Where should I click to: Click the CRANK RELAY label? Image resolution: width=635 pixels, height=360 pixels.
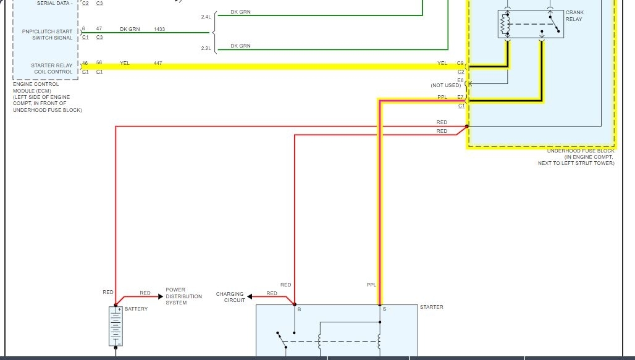pyautogui.click(x=574, y=16)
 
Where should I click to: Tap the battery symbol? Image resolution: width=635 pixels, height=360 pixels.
pyautogui.click(x=115, y=325)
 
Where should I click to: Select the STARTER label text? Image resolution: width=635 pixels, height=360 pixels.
pyautogui.click(x=431, y=307)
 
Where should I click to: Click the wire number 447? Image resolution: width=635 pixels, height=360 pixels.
pyautogui.click(x=158, y=63)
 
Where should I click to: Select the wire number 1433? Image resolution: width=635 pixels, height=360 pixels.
pyautogui.click(x=159, y=29)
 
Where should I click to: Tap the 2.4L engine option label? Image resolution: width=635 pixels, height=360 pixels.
pyautogui.click(x=206, y=17)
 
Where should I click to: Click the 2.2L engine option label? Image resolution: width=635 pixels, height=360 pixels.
pyautogui.click(x=206, y=48)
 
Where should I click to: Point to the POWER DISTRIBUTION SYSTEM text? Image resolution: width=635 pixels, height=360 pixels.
pyautogui.click(x=183, y=296)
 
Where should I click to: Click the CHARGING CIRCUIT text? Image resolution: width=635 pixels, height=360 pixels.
pyautogui.click(x=230, y=297)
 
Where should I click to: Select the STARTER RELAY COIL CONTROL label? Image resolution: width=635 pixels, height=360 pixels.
pyautogui.click(x=52, y=68)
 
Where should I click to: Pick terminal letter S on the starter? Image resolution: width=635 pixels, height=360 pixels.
pyautogui.click(x=384, y=309)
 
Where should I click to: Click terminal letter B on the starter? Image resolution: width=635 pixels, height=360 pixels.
pyautogui.click(x=299, y=309)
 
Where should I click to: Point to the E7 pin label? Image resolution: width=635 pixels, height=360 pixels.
pyautogui.click(x=460, y=97)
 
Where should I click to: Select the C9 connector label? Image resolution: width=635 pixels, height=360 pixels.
pyautogui.click(x=460, y=63)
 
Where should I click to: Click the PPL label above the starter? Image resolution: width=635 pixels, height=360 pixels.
pyautogui.click(x=371, y=285)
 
